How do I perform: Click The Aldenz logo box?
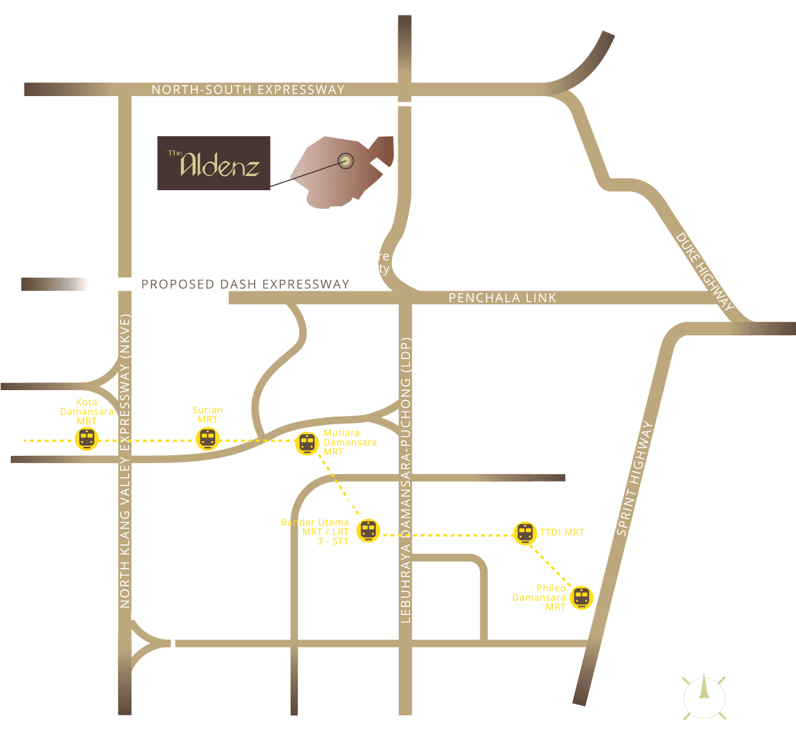[213, 163]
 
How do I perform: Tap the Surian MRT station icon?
[207, 439]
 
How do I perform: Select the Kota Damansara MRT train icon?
[86, 439]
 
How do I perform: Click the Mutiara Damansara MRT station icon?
[307, 444]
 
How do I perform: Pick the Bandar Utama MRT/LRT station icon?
[367, 531]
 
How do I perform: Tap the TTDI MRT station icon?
[525, 533]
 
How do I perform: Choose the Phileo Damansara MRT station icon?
[581, 597]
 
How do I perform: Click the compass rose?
[704, 696]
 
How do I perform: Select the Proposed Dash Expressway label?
[245, 284]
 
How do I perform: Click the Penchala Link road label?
[502, 297]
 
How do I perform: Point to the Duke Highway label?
[704, 271]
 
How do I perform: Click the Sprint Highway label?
[635, 478]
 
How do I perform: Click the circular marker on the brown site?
[346, 161]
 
